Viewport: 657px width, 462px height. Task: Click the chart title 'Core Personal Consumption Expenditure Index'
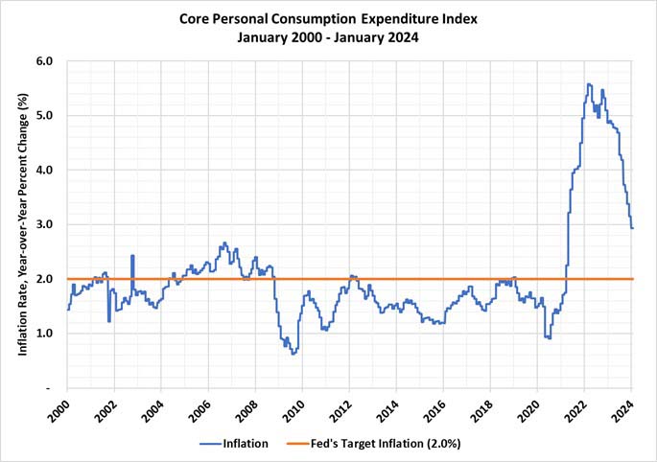(328, 18)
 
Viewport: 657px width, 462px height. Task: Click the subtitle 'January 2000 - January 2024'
(328, 37)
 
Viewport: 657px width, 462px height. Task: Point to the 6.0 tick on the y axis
(44, 61)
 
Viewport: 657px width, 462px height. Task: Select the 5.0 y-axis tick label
(44, 116)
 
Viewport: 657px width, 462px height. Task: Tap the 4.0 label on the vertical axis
(44, 171)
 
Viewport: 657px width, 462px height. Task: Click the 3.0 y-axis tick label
(44, 224)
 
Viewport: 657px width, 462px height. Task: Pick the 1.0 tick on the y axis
(44, 334)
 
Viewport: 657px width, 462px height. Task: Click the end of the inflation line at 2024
(632, 228)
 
